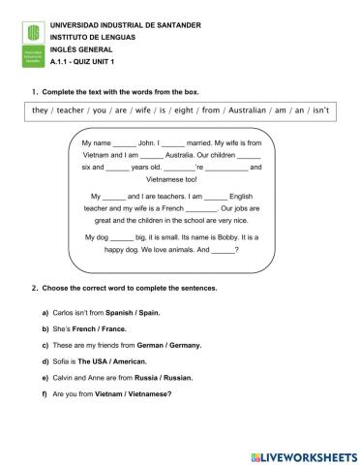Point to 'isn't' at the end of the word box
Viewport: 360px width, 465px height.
click(x=319, y=110)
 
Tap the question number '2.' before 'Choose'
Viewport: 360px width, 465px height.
click(x=36, y=288)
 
